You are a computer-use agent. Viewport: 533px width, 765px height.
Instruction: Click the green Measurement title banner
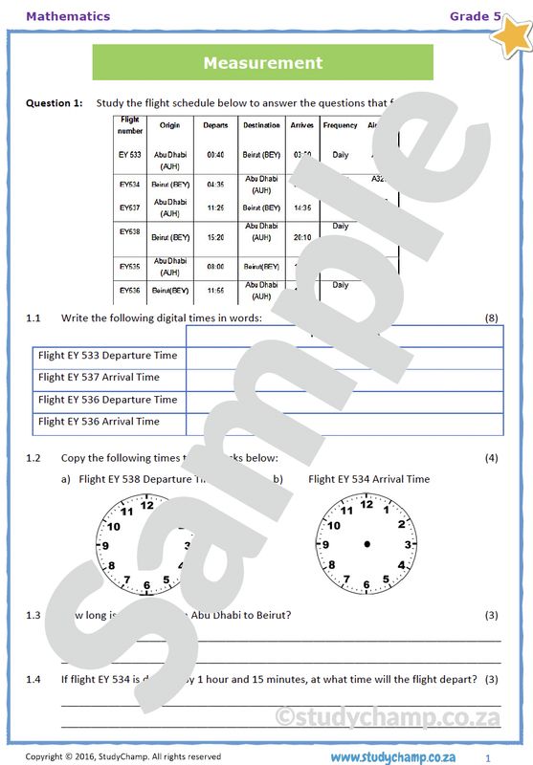coord(262,63)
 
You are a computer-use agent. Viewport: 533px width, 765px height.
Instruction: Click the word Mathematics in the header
coord(68,16)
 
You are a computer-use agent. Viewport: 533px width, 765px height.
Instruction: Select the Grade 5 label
coord(475,16)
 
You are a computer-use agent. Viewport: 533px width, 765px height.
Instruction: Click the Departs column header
coord(215,125)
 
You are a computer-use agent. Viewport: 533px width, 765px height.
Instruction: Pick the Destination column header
coord(261,125)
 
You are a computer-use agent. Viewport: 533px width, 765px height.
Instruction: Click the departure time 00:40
coord(215,154)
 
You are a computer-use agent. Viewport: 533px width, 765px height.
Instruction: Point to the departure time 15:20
coord(215,237)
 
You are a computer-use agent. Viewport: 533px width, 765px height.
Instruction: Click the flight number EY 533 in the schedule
coord(130,154)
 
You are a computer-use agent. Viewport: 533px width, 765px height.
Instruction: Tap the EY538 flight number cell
coord(130,231)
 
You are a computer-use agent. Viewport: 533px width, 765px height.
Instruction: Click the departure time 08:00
coord(215,267)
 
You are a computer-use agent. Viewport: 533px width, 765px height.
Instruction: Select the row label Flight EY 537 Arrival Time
coord(99,377)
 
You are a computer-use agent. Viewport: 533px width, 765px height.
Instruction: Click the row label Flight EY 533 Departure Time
coord(107,355)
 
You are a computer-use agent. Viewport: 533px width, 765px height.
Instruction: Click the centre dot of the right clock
coord(366,544)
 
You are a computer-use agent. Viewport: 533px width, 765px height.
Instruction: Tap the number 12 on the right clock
coord(366,507)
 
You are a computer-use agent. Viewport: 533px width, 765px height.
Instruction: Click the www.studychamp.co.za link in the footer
coord(398,756)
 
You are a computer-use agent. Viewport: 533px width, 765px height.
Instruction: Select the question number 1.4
coord(33,679)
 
